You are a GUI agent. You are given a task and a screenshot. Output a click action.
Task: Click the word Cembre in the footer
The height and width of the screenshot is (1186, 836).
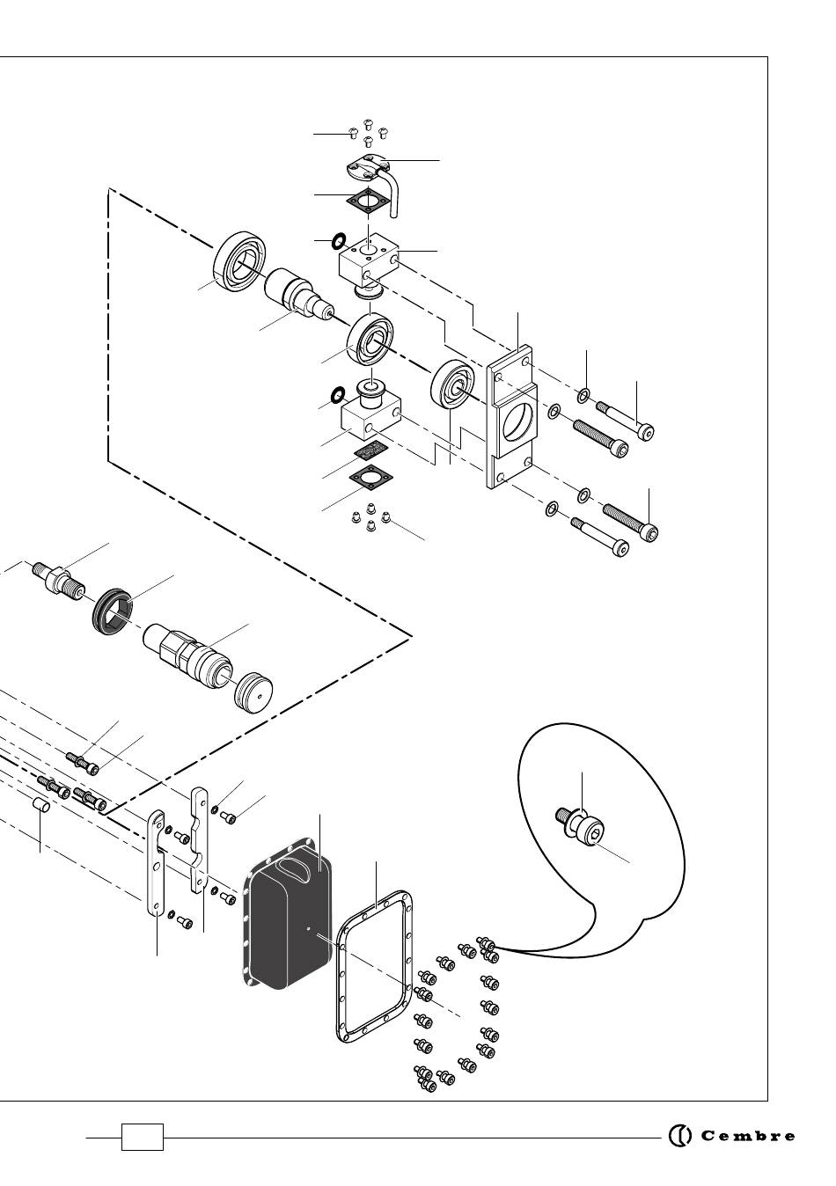pyautogui.click(x=747, y=1136)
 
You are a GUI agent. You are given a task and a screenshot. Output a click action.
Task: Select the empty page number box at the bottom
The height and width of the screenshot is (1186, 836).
pyautogui.click(x=143, y=1137)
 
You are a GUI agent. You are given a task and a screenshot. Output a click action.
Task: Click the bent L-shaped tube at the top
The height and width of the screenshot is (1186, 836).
pyautogui.click(x=394, y=191)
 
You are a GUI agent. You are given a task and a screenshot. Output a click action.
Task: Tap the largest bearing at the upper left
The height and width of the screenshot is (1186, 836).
pyautogui.click(x=240, y=261)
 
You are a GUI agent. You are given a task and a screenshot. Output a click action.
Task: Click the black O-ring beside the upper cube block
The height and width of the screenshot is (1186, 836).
pyautogui.click(x=339, y=241)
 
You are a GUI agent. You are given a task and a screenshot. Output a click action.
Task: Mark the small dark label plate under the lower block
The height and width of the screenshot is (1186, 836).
pyautogui.click(x=372, y=451)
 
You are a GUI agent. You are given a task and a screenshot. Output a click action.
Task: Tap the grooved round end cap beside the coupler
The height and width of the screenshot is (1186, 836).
pyautogui.click(x=253, y=692)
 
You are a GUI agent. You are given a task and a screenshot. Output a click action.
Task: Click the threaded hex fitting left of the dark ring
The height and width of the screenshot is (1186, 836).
pyautogui.click(x=58, y=581)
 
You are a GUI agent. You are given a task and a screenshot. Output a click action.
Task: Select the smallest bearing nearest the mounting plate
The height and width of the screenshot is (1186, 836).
pyautogui.click(x=452, y=384)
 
